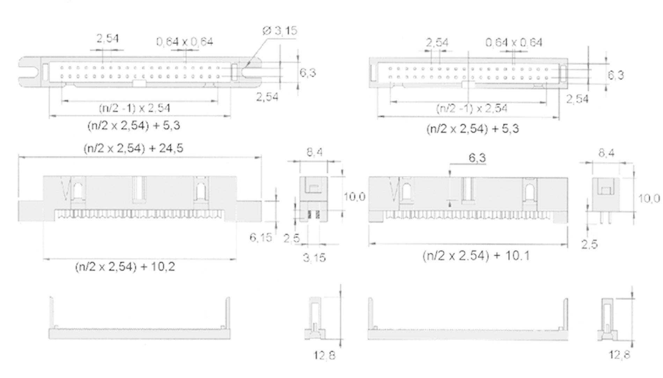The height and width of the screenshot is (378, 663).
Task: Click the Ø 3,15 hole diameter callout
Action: click(280, 31)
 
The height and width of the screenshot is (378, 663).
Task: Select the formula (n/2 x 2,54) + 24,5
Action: click(133, 148)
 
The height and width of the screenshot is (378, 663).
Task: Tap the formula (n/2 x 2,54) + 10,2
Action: click(125, 267)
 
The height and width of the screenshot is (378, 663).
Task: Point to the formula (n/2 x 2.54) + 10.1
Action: click(476, 256)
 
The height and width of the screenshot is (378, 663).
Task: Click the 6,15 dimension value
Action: click(260, 238)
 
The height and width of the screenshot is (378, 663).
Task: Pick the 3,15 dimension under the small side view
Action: click(314, 258)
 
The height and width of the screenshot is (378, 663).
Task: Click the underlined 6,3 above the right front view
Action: click(477, 158)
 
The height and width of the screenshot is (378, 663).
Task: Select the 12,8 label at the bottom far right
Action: click(619, 355)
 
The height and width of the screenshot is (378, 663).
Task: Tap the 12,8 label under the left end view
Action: click(324, 356)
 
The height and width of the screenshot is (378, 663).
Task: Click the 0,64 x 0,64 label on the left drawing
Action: click(185, 42)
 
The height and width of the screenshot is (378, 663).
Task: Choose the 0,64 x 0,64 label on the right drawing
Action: click(514, 43)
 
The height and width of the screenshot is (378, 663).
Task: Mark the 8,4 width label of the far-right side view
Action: click(606, 153)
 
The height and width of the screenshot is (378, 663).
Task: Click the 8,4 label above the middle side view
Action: click(315, 152)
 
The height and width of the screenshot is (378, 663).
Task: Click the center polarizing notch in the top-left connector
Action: click(139, 83)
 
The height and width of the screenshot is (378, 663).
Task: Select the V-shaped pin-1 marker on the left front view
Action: click(65, 189)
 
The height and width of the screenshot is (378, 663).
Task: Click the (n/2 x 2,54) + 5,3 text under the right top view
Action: click(472, 129)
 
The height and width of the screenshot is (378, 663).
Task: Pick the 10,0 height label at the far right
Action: click(649, 199)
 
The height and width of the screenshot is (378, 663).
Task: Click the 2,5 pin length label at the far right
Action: click(589, 244)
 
